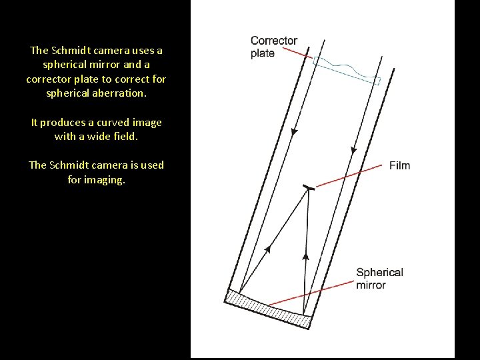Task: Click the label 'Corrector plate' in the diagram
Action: coord(273,47)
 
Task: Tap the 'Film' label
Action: coord(399,165)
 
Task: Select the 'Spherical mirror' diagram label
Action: coord(379,278)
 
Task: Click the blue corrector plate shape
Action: coord(347,70)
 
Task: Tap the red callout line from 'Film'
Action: coord(349,177)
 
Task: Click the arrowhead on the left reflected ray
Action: coord(267,250)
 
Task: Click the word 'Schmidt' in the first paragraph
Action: coord(72,50)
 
